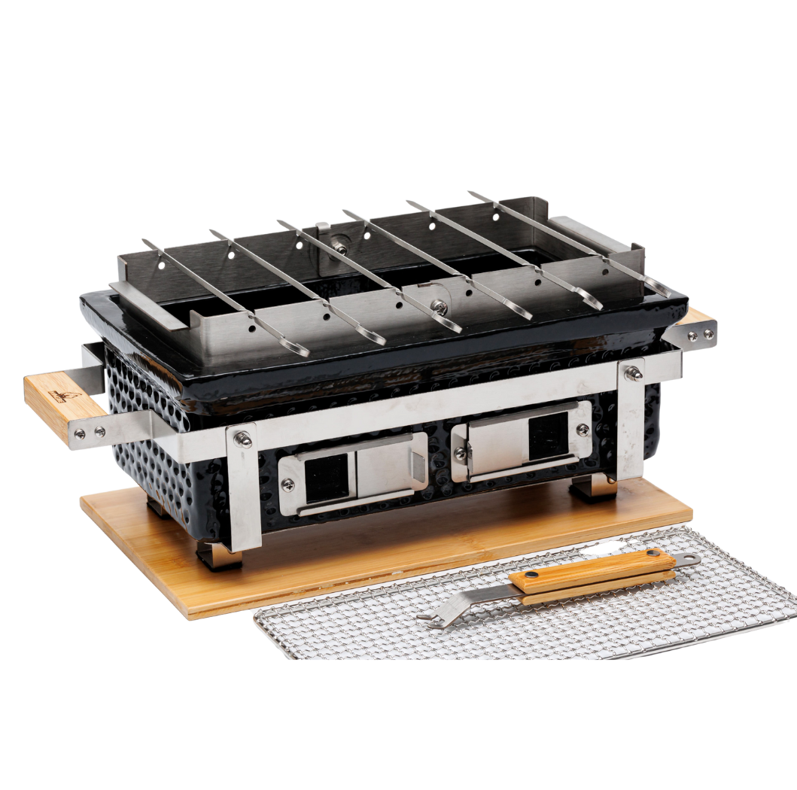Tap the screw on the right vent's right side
coord(582,429)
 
